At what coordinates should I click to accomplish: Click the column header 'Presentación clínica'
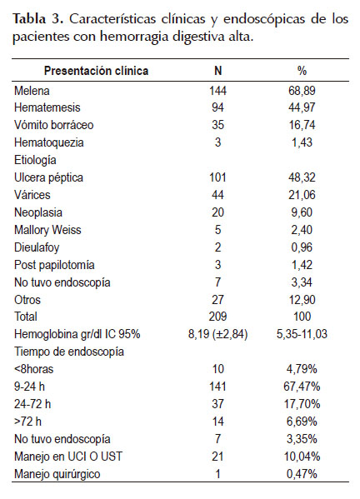click(x=96, y=71)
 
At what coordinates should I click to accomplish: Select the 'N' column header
click(x=218, y=71)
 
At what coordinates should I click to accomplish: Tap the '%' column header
click(x=302, y=71)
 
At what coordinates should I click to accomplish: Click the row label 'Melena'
click(x=32, y=91)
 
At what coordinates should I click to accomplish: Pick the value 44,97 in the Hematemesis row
click(x=302, y=107)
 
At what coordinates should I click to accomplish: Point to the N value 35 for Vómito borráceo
click(x=218, y=125)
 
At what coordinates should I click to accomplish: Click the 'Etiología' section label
click(x=35, y=160)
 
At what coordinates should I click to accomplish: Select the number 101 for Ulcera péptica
click(x=218, y=177)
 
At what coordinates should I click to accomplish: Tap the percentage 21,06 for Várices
click(x=302, y=195)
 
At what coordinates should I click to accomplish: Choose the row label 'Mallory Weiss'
click(x=47, y=230)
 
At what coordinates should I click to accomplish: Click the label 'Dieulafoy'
click(x=37, y=247)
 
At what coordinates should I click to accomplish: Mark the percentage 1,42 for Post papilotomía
click(x=302, y=265)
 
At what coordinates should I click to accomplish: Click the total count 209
click(x=218, y=317)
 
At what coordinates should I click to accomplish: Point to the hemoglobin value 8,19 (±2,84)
click(x=218, y=334)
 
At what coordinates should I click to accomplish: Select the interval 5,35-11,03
click(x=302, y=334)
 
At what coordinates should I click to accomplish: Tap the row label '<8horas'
click(x=33, y=369)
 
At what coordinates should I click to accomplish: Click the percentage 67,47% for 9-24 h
click(x=302, y=387)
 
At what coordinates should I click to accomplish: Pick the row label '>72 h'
click(x=27, y=422)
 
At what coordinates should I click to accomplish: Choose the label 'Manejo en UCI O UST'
click(x=68, y=457)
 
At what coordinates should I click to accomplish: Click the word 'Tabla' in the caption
click(x=29, y=19)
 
